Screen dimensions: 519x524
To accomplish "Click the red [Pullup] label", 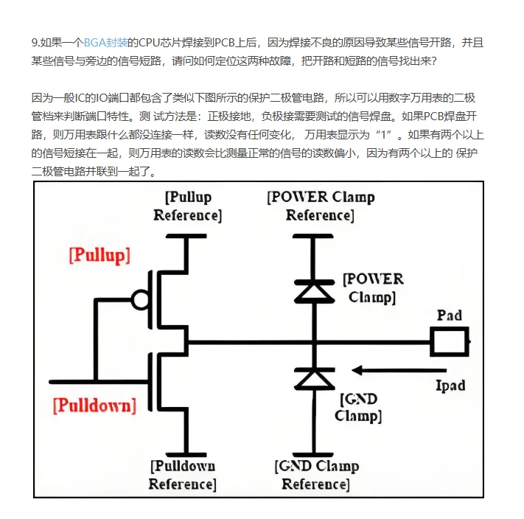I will click(x=99, y=255).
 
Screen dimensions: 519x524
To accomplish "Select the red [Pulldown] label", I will click(x=94, y=405).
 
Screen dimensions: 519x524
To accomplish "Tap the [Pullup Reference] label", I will click(x=187, y=206).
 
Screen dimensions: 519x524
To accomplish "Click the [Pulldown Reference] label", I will click(x=182, y=475).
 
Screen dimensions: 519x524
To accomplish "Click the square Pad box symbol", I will click(x=450, y=342).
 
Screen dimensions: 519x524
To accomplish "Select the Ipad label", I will click(x=450, y=386).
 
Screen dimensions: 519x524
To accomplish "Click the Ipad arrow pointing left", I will click(x=398, y=370).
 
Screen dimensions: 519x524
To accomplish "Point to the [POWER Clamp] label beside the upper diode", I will click(x=374, y=288).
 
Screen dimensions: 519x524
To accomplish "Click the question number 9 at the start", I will click(x=35, y=43).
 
